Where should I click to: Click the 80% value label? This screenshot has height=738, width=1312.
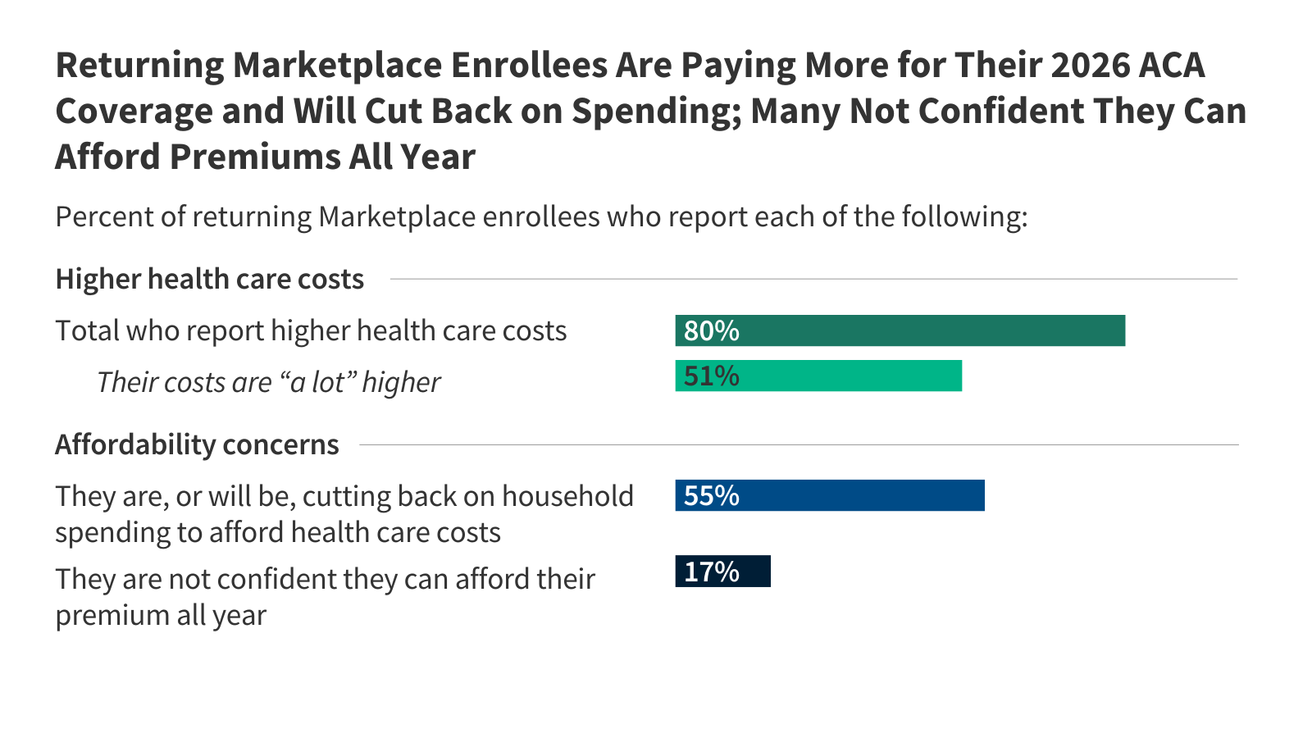711,330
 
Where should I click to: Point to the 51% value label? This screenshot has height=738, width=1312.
711,376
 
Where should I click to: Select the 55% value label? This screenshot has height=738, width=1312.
711,495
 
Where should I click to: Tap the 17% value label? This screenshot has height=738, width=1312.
711,572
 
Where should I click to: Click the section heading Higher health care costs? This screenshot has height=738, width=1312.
209,279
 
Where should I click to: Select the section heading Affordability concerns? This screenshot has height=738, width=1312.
197,444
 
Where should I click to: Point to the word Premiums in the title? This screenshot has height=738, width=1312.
254,157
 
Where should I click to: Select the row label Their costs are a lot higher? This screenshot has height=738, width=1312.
268,382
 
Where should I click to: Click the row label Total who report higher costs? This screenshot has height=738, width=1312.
311,330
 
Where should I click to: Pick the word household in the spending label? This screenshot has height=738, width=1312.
567,496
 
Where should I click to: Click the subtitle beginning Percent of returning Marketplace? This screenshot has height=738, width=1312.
541,216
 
